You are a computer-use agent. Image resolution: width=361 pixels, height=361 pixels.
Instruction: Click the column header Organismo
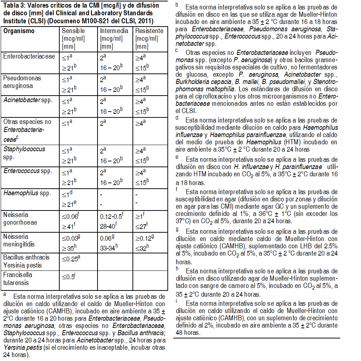click(19, 31)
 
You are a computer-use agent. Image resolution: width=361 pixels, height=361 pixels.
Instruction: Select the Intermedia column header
click(114, 31)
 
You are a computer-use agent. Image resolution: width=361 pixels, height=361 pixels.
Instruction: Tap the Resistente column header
click(149, 31)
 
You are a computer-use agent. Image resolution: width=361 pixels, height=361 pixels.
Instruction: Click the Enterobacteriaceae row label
click(29, 56)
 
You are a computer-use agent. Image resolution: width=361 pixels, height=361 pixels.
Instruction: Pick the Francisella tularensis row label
click(18, 278)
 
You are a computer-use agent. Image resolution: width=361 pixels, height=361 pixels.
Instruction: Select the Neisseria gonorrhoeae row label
click(20, 218)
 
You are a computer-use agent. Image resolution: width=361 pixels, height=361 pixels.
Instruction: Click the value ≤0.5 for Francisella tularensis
click(68, 276)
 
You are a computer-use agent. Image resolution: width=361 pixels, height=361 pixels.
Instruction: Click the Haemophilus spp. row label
click(27, 193)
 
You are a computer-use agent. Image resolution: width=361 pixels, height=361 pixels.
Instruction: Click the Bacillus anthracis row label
click(26, 257)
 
